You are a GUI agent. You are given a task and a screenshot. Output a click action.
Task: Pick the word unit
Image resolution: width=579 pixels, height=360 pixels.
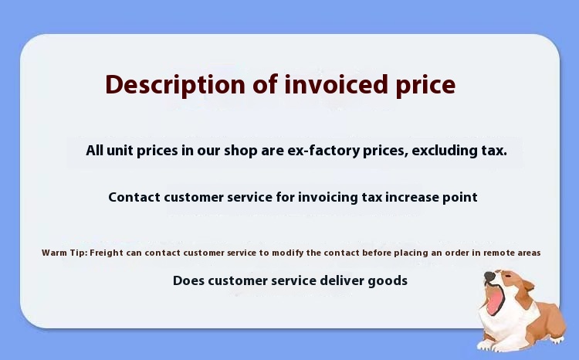coord(120,150)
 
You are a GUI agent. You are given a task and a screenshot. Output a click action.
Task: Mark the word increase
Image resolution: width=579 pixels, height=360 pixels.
coord(409,197)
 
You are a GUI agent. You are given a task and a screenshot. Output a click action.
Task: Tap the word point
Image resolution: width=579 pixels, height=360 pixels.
coord(459,197)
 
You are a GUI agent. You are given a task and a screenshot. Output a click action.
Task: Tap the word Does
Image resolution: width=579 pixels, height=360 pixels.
coord(188,280)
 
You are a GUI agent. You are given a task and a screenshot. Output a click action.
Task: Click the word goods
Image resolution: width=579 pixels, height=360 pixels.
coord(390,280)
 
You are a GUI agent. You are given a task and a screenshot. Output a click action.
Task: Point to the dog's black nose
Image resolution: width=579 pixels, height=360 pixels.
coord(489,274)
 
